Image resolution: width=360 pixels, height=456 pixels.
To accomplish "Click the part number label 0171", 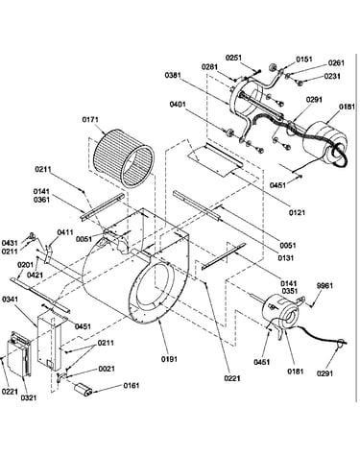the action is [x=90, y=120].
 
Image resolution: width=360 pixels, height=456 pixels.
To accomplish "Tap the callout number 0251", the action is [x=234, y=58].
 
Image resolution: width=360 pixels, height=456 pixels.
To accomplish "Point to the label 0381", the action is [x=173, y=76].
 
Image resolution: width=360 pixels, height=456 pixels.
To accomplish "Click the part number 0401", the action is [x=178, y=105].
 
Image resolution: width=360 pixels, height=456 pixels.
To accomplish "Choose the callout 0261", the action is [x=336, y=63].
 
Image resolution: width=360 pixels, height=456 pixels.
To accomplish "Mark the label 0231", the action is [x=332, y=77].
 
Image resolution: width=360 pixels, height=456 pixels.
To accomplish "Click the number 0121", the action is [x=297, y=212].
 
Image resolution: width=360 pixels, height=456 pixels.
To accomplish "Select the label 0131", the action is [x=286, y=258].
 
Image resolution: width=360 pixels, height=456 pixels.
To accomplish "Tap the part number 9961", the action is [x=324, y=286].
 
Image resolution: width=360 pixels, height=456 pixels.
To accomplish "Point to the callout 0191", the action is [x=169, y=359].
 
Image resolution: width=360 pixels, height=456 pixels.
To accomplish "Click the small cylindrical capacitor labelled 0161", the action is [x=83, y=389].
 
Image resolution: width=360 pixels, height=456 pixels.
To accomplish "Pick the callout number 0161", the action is [x=132, y=386].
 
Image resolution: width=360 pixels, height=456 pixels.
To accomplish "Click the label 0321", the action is [x=29, y=397].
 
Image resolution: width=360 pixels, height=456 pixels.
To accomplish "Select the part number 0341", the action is [x=11, y=300].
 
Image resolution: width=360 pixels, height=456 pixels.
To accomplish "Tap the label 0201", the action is [x=26, y=265].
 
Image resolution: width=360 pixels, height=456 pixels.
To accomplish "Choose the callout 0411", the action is [x=65, y=232].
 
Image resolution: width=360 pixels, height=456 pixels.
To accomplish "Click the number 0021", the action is [x=107, y=369].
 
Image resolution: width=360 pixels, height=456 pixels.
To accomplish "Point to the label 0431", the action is [x=10, y=243].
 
